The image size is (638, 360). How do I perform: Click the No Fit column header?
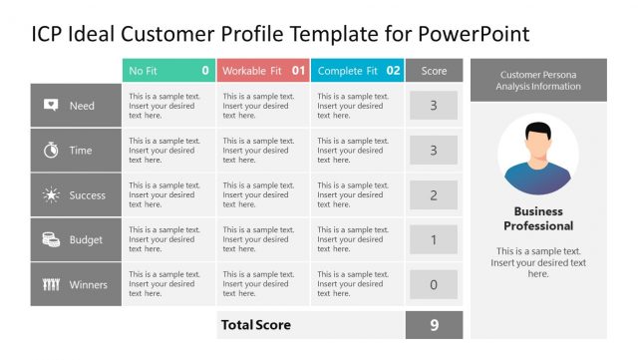[x=168, y=71]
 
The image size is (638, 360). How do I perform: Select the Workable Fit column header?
[x=262, y=71]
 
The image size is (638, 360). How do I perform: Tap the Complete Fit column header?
[x=357, y=71]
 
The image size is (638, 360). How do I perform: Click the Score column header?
[x=434, y=71]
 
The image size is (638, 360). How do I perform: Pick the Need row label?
[x=82, y=106]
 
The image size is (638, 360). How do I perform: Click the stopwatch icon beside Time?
[x=51, y=151]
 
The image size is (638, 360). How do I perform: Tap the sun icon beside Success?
[x=51, y=195]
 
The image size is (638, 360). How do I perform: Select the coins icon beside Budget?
[x=51, y=239]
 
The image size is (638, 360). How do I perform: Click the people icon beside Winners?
[x=51, y=284]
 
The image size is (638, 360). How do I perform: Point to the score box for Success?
[x=434, y=195]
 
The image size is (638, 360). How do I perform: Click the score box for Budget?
[x=434, y=239]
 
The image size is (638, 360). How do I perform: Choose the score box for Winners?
[x=434, y=284]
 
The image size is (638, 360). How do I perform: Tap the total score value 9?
[x=434, y=325]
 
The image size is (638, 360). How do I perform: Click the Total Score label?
[x=256, y=325]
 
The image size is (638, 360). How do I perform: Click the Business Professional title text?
[x=538, y=218]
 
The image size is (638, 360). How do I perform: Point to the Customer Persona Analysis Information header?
[x=538, y=80]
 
